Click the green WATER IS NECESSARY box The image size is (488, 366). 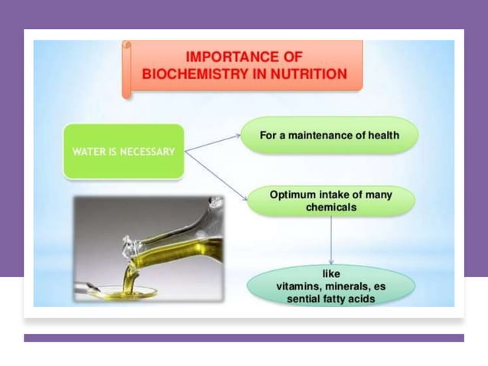(x=123, y=151)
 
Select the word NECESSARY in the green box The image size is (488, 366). (x=146, y=151)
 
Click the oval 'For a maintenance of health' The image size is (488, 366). (x=330, y=136)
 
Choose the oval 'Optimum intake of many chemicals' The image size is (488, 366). (x=330, y=201)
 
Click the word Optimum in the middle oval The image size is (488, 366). (x=293, y=194)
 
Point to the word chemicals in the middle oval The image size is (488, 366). (x=330, y=208)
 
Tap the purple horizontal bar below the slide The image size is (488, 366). (x=243, y=338)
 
